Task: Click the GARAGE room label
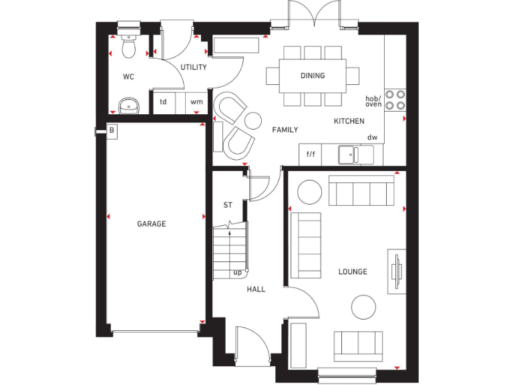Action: [152, 224]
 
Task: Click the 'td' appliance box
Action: [162, 102]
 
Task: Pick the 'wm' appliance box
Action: [196, 102]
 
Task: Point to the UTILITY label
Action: [194, 68]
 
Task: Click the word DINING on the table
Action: [312, 76]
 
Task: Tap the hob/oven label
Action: [373, 101]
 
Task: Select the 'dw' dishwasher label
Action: [372, 138]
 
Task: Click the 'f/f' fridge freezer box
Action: [311, 154]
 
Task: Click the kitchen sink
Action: [348, 154]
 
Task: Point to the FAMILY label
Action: [285, 130]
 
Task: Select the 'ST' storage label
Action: [228, 205]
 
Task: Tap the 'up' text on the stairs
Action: [237, 273]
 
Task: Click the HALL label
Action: [256, 289]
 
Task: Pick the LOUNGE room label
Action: [353, 272]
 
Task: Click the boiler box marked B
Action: [112, 132]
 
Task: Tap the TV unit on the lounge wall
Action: [397, 271]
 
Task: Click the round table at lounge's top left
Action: [309, 192]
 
